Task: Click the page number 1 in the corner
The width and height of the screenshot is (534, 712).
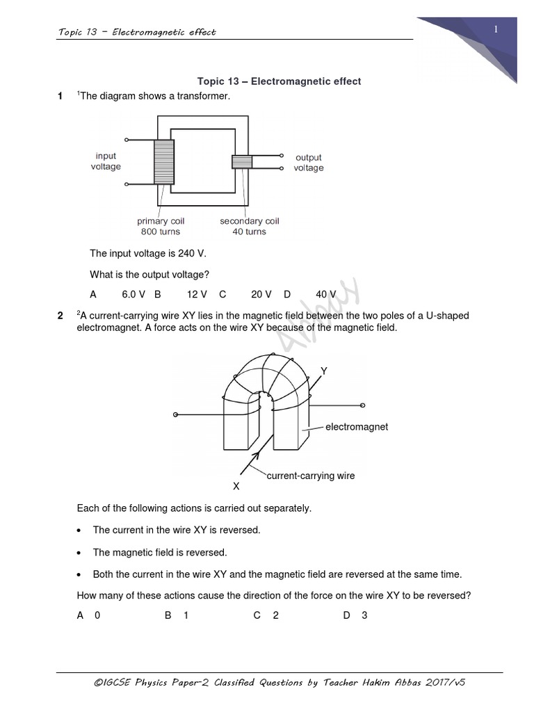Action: point(496,29)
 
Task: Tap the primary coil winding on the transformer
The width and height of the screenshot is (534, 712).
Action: point(164,161)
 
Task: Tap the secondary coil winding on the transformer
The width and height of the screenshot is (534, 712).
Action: point(241,161)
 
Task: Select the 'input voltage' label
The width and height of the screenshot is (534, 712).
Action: point(106,161)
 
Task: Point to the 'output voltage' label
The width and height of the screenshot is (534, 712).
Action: point(308,163)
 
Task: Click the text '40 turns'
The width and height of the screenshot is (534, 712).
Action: point(249,232)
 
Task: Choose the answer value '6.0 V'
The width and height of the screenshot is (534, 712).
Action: point(133,294)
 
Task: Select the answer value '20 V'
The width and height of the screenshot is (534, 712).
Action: point(261,294)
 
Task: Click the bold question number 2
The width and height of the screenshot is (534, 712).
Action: point(60,316)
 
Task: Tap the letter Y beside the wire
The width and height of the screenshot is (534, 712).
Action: point(323,372)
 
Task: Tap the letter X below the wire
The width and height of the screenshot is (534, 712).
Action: point(236,486)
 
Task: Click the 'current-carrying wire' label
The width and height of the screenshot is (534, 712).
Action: point(311,476)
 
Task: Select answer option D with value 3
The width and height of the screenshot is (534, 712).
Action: point(355,615)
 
